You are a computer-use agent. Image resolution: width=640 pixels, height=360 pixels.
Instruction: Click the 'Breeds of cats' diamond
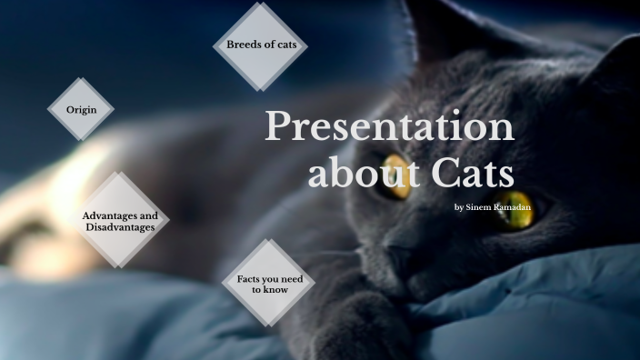tap(262, 45)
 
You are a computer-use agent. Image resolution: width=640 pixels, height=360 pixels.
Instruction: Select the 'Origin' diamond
tap(81, 109)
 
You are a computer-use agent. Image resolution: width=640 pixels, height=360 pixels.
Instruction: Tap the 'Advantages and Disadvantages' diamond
tap(119, 221)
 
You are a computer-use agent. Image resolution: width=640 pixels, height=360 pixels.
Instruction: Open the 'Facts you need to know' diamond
tap(268, 283)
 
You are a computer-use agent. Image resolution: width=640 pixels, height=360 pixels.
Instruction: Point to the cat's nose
tap(401, 238)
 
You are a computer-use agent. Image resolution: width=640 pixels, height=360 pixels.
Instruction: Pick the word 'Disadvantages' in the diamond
tap(120, 227)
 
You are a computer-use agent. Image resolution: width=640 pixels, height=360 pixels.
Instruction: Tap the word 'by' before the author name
tap(459, 207)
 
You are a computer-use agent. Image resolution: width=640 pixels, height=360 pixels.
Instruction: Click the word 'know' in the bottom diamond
tap(275, 289)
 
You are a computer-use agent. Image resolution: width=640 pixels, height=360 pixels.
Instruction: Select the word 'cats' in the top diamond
tap(294, 45)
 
